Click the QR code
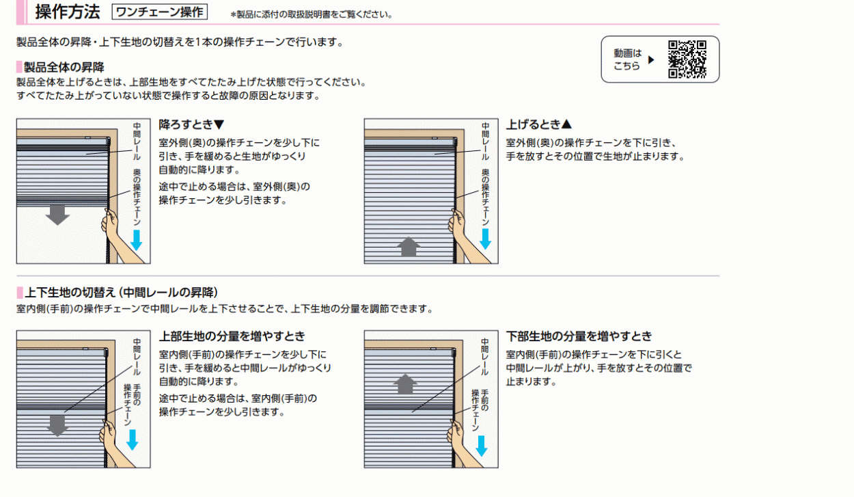pyautogui.click(x=687, y=59)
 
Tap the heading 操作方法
pyautogui.click(x=67, y=12)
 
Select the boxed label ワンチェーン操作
pyautogui.click(x=159, y=12)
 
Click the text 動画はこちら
pyautogui.click(x=627, y=59)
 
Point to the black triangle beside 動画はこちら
pyautogui.click(x=651, y=59)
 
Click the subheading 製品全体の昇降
pyautogui.click(x=64, y=67)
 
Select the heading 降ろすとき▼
pyautogui.click(x=191, y=124)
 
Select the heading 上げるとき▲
pyautogui.click(x=538, y=124)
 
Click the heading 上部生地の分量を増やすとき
pyautogui.click(x=232, y=336)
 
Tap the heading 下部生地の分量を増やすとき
pyautogui.click(x=579, y=336)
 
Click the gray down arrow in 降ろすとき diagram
pyautogui.click(x=57, y=215)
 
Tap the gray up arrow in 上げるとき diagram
pyautogui.click(x=409, y=245)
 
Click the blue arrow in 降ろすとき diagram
pyautogui.click(x=137, y=239)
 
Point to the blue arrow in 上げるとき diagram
pyautogui.click(x=485, y=239)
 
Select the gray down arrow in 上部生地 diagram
pyautogui.click(x=57, y=425)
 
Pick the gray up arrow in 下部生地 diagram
pyautogui.click(x=405, y=384)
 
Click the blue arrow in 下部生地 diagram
pyautogui.click(x=481, y=445)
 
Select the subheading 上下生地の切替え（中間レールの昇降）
pyautogui.click(x=122, y=293)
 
